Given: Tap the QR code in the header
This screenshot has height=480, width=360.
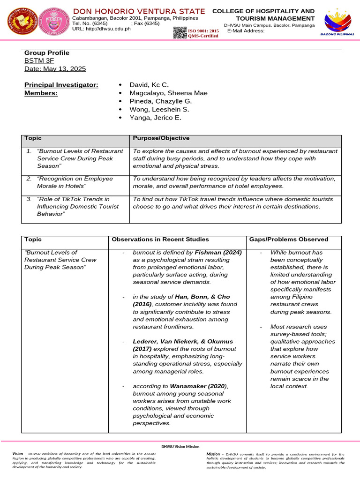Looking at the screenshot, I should coord(180,33).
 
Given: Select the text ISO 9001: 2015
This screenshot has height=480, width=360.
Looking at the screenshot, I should coord(203,31).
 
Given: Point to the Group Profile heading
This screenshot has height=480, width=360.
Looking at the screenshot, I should coord(47,53).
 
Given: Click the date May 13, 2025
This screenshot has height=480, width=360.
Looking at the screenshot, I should coord(55,69).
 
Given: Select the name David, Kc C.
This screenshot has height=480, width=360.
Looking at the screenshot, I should coord(146,84).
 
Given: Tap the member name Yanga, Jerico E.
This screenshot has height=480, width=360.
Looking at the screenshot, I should coord(152,118).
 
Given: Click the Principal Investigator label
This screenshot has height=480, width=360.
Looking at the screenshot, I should coord(61,84).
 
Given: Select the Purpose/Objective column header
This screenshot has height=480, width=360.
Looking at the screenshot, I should coord(161,138).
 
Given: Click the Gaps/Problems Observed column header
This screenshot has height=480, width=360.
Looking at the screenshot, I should coord(288,240).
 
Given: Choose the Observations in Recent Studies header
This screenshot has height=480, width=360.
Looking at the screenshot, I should coord(160,240).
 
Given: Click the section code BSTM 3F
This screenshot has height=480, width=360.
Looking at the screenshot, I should coord(39,61).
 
